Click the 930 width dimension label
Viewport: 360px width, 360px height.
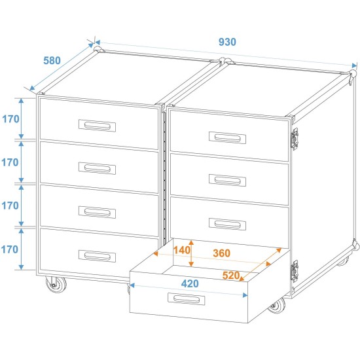227,41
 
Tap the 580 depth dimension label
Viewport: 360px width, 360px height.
52,61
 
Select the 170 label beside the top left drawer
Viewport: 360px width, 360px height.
10,119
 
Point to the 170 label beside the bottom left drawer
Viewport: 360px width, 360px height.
10,249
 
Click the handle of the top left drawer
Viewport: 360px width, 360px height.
98,125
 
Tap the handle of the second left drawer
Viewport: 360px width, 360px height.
98,168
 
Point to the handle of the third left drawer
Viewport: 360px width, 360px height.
98,211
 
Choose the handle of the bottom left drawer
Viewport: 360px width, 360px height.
98,255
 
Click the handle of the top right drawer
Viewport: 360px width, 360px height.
228,137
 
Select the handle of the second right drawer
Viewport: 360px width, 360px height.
228,180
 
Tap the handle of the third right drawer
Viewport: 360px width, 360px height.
228,223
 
